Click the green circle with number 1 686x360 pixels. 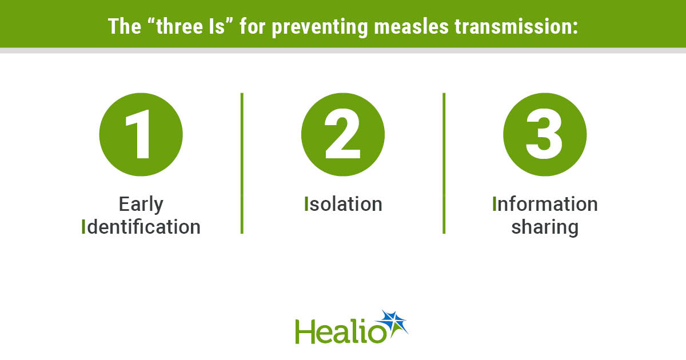pos(141,134)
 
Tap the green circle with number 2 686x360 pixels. pos(343,134)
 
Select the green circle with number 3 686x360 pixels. pos(545,134)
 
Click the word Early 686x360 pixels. pos(141,205)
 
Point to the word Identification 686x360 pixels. pos(141,227)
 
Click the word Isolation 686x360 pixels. pos(343,204)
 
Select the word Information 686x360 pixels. pos(545,204)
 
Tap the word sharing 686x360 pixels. pos(545,228)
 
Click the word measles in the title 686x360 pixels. pos(411,26)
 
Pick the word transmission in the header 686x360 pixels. pos(516,26)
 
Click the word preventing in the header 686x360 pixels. pos(320,27)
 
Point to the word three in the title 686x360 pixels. pos(180,26)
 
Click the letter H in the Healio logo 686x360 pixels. pos(305,331)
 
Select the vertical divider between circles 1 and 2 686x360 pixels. pos(242,163)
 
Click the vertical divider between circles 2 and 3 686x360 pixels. pos(444,163)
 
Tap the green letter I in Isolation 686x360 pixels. pos(306,204)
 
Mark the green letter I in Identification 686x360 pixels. pos(83,227)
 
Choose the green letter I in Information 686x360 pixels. pos(494,204)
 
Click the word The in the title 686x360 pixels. pos(125,26)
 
